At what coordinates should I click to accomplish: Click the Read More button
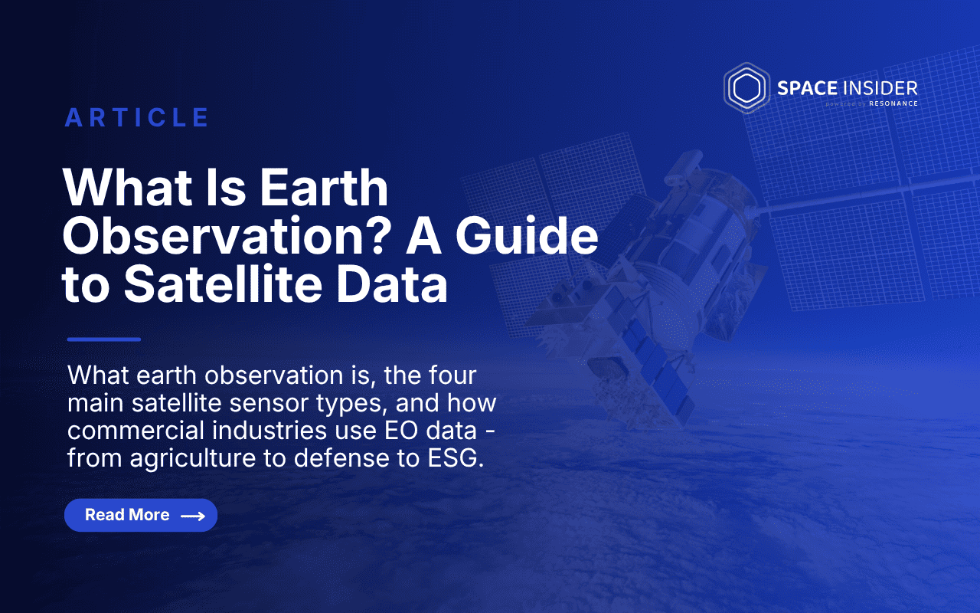pos(141,515)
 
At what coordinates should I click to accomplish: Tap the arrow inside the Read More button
pos(193,516)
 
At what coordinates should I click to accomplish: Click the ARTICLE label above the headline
pos(137,117)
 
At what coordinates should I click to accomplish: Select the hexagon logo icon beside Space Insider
pos(746,88)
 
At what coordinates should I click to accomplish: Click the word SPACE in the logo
pos(807,88)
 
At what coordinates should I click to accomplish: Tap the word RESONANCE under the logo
pos(893,103)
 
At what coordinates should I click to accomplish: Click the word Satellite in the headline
pos(223,284)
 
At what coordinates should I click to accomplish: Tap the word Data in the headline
pos(392,284)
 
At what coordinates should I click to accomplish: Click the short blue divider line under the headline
pos(104,339)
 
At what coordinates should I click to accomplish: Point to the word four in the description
pos(452,375)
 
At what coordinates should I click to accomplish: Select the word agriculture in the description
pos(192,459)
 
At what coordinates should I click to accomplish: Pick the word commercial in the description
pos(136,431)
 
